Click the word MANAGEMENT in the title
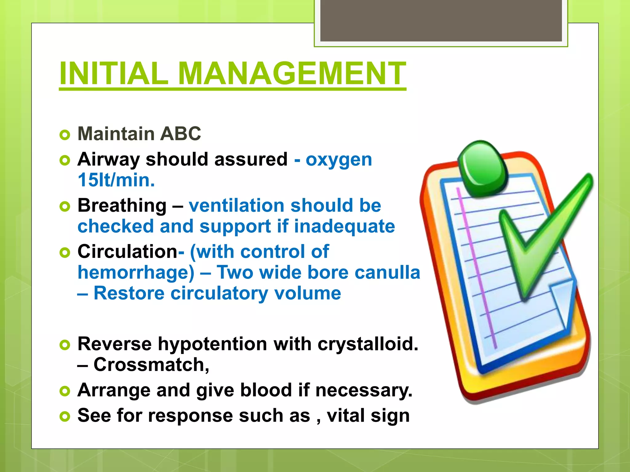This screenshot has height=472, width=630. pyautogui.click(x=292, y=74)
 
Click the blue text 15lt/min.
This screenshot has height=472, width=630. pyautogui.click(x=116, y=180)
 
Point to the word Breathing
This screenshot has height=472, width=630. pyautogui.click(x=122, y=206)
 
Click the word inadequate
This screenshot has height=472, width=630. pyautogui.click(x=344, y=226)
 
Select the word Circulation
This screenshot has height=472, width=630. pyautogui.click(x=127, y=252)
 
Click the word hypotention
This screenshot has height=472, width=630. pyautogui.click(x=212, y=344)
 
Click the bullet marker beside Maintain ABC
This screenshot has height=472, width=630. pyautogui.click(x=65, y=135)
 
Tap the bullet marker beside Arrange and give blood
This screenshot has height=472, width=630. pyautogui.click(x=65, y=391)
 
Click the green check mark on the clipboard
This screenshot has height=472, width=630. pyautogui.click(x=541, y=240)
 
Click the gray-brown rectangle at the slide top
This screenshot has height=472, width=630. pyautogui.click(x=441, y=20)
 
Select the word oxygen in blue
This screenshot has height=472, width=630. pyautogui.click(x=339, y=160)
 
